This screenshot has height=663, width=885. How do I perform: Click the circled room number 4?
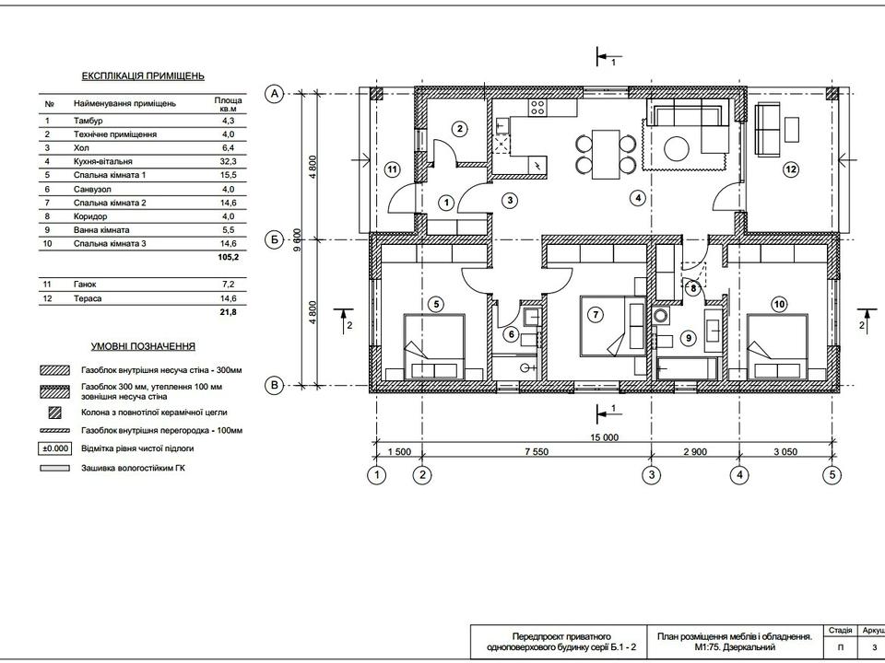click(x=637, y=198)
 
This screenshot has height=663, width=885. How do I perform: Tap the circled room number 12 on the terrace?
click(x=791, y=169)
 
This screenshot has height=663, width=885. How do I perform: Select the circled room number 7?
click(x=596, y=314)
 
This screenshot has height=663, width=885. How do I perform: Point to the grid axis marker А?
click(x=275, y=94)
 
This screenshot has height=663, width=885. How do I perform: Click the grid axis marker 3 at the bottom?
click(x=652, y=475)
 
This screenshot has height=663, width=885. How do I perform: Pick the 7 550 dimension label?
click(x=537, y=451)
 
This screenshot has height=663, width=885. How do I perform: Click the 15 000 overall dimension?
click(x=605, y=437)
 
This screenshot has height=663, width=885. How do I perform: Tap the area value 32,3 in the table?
click(x=228, y=161)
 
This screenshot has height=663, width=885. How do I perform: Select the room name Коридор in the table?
click(x=90, y=216)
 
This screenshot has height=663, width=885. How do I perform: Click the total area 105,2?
click(x=228, y=257)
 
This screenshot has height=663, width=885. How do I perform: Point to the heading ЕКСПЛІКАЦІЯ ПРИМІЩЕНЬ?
click(x=143, y=76)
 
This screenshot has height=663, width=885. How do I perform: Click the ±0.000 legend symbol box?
click(x=54, y=448)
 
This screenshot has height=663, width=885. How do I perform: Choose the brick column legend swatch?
click(x=54, y=413)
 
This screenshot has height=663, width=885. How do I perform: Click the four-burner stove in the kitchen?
click(x=537, y=107)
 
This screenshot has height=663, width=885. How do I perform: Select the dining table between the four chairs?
click(x=606, y=155)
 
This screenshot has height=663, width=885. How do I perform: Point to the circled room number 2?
click(x=460, y=129)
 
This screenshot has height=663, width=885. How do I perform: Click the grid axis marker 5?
click(x=832, y=475)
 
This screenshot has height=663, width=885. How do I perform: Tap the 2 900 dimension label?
click(x=695, y=451)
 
